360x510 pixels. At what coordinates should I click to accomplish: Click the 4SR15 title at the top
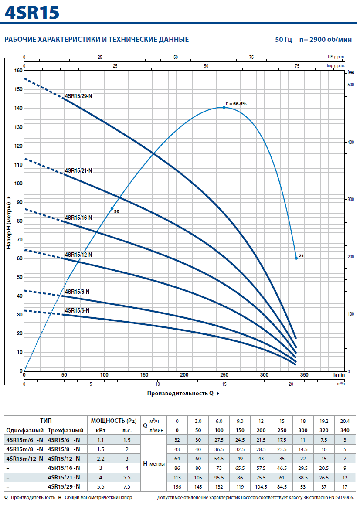(32, 13)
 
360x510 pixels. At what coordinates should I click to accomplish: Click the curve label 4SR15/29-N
(78, 96)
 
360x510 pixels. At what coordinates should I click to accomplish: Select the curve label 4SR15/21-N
(78, 170)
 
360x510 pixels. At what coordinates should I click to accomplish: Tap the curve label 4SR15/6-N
(77, 310)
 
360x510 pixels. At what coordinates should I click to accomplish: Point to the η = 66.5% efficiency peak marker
(224, 107)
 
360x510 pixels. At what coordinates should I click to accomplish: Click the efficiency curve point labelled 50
(112, 208)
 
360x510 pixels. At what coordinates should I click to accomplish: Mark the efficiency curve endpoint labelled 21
(296, 258)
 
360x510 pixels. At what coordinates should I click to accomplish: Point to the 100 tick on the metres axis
(19, 184)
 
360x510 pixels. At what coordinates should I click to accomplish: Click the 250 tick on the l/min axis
(224, 375)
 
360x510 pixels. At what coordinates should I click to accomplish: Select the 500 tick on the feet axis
(351, 85)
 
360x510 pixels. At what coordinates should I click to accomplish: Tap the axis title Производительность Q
(180, 393)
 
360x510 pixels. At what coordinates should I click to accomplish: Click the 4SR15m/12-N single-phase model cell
(25, 459)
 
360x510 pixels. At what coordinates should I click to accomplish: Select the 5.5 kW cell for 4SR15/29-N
(101, 487)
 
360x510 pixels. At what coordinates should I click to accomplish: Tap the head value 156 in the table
(177, 487)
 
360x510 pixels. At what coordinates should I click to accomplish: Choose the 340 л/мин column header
(345, 430)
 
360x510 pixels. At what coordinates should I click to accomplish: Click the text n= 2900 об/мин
(326, 39)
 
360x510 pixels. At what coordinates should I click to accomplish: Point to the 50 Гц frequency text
(284, 39)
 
